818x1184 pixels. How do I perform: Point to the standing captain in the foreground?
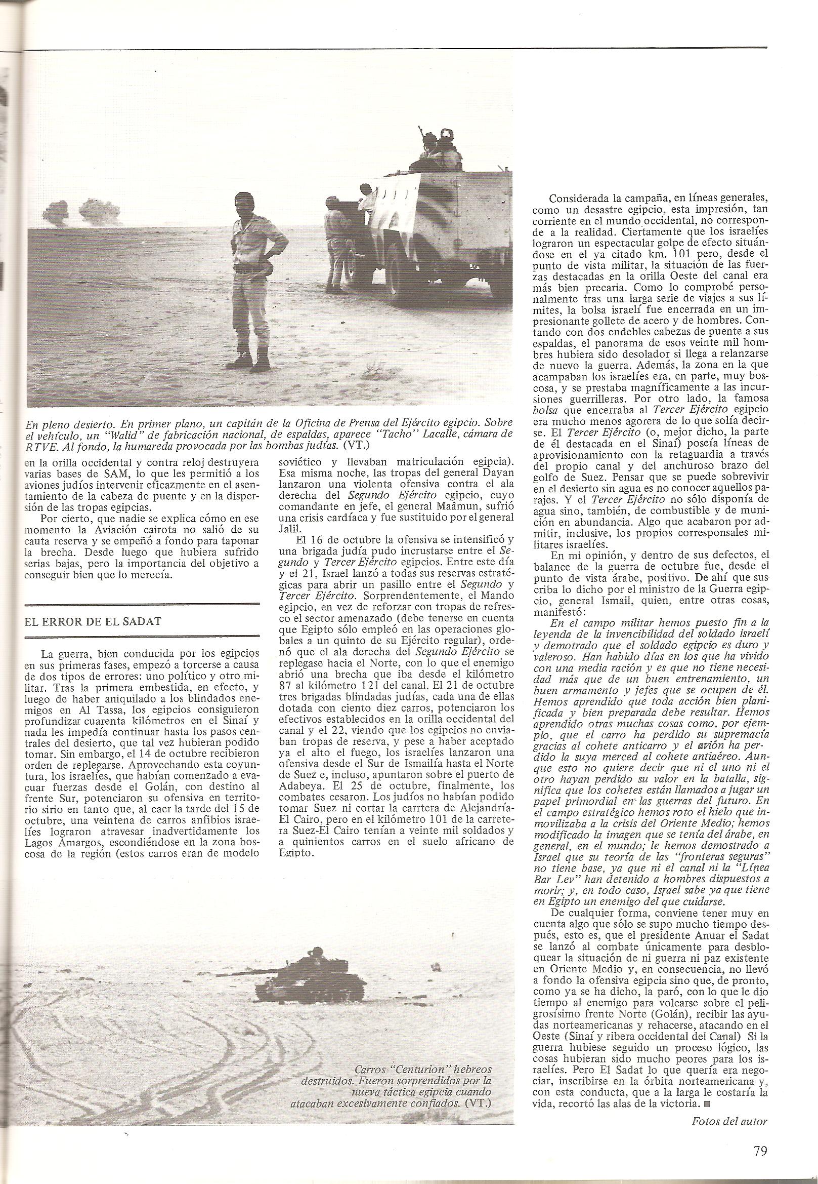(x=251, y=280)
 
